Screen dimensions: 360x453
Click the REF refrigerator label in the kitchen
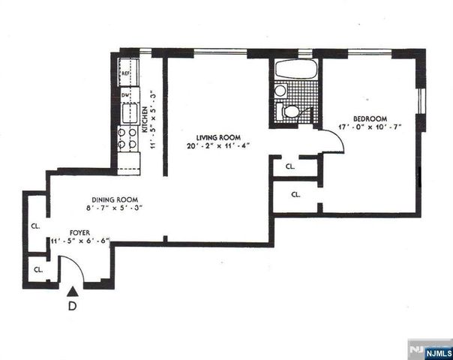[x=127, y=74]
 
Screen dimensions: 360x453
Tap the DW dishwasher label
[x=125, y=95]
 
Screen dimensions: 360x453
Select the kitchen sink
[x=127, y=114]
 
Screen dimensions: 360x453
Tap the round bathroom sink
[x=280, y=91]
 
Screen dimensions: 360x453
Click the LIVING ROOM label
[x=217, y=136]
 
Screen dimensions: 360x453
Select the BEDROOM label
[x=370, y=118]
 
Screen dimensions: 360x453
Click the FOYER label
[x=81, y=232]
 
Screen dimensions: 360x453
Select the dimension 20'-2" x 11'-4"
[x=218, y=145]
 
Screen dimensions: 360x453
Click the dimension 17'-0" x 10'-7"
[x=370, y=127]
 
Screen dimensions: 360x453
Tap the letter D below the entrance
[x=72, y=306]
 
